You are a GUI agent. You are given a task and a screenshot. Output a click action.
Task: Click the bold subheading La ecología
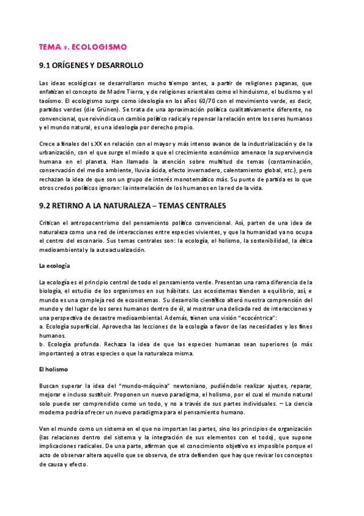53,266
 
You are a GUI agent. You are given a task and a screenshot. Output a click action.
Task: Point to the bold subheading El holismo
53,369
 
